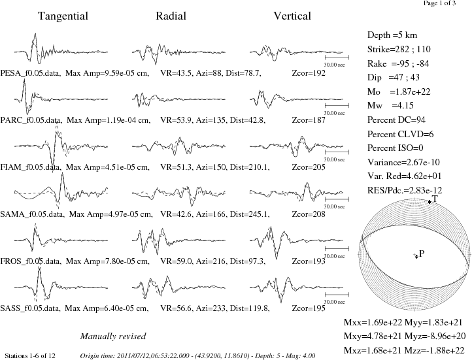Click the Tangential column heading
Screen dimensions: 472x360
(x=63, y=16)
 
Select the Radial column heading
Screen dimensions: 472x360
(x=171, y=16)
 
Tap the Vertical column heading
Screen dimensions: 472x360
(x=292, y=16)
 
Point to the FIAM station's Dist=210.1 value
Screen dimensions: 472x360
(x=250, y=167)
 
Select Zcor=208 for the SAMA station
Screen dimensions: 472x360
(x=309, y=214)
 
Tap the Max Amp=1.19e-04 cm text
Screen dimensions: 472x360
(x=109, y=120)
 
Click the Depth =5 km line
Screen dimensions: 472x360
(x=392, y=35)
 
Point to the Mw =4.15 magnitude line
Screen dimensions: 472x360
(x=390, y=106)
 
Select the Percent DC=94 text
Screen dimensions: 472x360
(x=396, y=120)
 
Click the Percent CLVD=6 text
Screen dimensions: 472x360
(x=400, y=134)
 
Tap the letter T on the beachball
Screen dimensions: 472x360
(x=434, y=199)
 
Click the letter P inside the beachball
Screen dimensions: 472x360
(x=422, y=254)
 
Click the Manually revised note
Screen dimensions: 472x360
(x=113, y=336)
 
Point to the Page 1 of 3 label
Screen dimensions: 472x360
(x=439, y=3)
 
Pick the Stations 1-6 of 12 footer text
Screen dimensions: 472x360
(x=30, y=356)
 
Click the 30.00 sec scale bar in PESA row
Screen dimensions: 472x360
(x=337, y=57)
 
